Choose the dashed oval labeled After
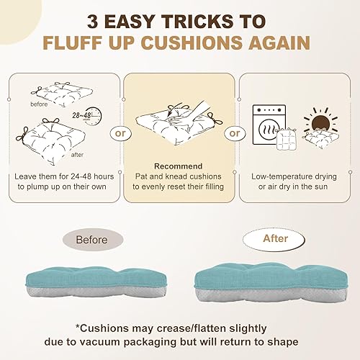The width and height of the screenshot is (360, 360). [275, 238]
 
